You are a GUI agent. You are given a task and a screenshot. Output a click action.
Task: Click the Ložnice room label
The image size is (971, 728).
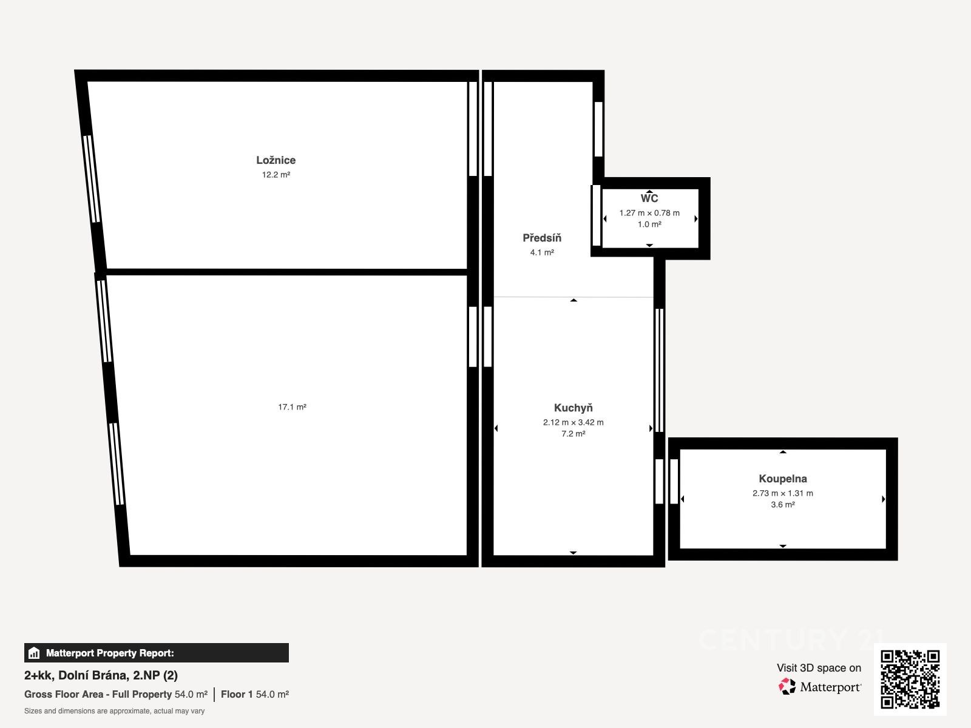click(x=276, y=160)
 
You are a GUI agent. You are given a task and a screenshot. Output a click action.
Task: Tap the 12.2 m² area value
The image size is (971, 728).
click(x=276, y=175)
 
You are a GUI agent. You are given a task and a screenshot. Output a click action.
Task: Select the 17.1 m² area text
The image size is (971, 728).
click(x=292, y=406)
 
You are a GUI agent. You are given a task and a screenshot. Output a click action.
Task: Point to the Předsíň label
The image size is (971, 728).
click(x=542, y=238)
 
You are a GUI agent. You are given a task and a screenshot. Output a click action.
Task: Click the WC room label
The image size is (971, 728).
click(x=649, y=198)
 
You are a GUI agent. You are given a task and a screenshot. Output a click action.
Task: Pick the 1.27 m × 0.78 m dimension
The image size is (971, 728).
click(x=649, y=212)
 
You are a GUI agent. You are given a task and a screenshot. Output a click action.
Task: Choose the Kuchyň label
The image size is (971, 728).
click(x=573, y=408)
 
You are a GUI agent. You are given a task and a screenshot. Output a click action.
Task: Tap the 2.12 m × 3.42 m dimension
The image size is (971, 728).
click(x=573, y=422)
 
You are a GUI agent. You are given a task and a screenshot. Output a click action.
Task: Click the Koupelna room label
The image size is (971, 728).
click(x=783, y=479)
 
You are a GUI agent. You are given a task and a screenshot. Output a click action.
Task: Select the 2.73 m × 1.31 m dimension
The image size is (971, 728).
click(x=783, y=493)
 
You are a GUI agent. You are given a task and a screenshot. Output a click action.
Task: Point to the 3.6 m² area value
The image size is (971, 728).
click(x=783, y=504)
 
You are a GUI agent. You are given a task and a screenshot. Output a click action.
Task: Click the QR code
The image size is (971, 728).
click(x=910, y=679)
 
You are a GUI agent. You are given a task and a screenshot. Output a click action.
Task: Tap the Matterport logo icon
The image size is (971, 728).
click(x=787, y=687)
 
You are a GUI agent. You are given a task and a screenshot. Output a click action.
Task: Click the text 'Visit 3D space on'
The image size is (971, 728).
click(x=819, y=668)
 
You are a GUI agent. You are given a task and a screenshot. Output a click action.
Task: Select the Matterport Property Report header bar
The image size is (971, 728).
click(x=156, y=652)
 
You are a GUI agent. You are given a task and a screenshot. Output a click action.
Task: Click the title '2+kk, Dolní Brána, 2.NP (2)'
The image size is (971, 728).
click(x=101, y=675)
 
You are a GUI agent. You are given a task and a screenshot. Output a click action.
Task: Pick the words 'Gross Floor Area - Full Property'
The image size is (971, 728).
click(x=98, y=695)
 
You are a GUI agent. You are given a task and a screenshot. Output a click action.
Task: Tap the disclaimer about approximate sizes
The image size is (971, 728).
click(x=114, y=711)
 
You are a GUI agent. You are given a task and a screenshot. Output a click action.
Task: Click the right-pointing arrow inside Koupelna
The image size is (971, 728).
click(x=884, y=499)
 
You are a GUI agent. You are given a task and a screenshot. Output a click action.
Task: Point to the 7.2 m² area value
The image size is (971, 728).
click(x=573, y=434)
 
